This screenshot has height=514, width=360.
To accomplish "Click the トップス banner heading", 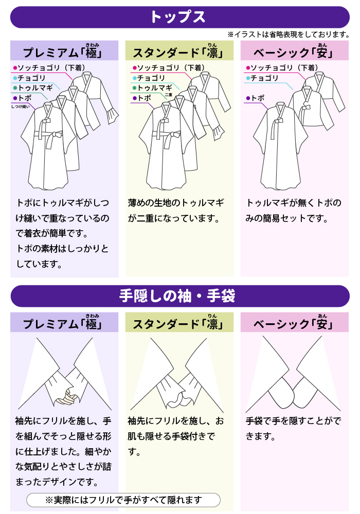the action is pos(178,17).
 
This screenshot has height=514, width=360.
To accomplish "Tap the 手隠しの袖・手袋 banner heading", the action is pos(177,296).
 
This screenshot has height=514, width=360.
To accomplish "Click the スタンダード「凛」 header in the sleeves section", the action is pos(179,323).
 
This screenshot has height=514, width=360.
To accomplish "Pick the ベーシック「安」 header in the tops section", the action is pos(294,51).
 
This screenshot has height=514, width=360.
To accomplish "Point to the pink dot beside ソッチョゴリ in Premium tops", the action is pos(15,68).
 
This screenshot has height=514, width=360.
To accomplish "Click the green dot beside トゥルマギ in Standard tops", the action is pos(134,88).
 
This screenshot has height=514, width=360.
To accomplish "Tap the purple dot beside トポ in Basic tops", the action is pos(248,98).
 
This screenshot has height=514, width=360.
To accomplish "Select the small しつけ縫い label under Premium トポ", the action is pos(20,106).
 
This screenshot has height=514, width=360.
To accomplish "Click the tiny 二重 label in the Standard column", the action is pos(169,95).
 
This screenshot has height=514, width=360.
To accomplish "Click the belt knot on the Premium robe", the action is pos(58,134).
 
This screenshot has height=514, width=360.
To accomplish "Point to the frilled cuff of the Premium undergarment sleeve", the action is pos(112,116).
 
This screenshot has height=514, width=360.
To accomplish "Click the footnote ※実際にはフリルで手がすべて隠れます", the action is pos(123,500).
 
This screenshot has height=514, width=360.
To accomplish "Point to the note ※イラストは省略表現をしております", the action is pos(289,34).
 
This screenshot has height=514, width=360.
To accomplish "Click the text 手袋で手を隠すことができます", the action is pos(293,429).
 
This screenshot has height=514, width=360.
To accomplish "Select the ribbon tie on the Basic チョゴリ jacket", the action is pos(306,108).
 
